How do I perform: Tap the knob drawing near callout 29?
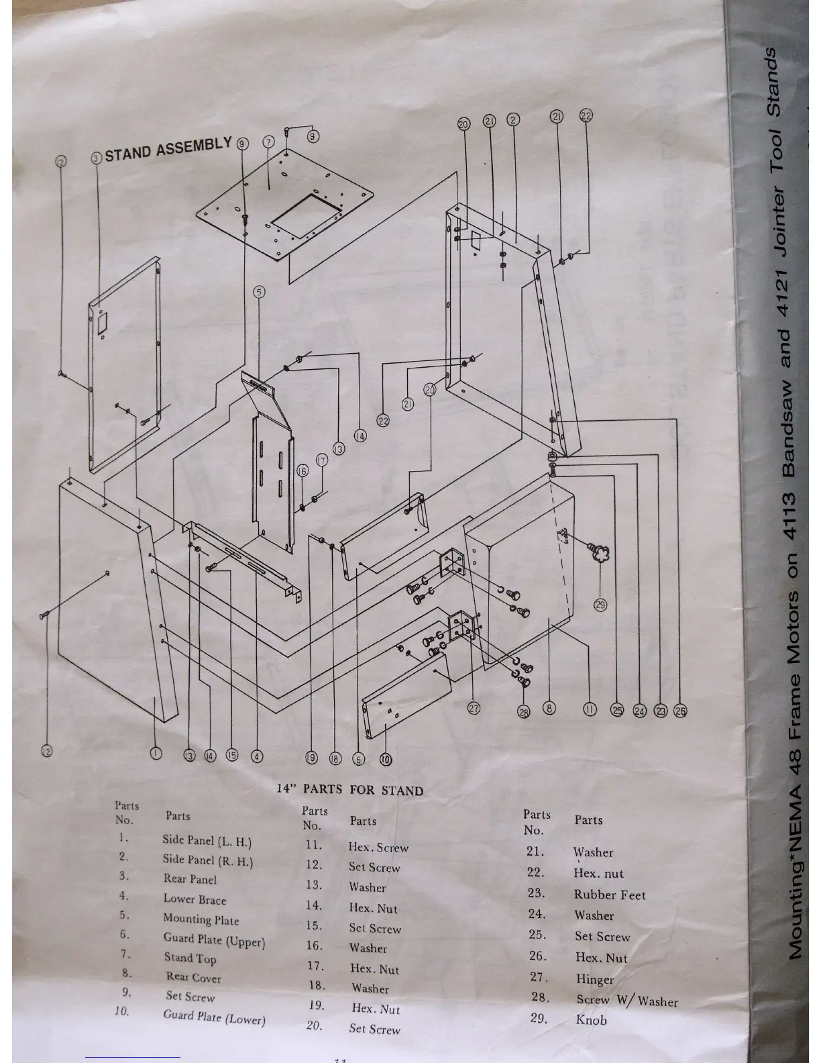(x=599, y=554)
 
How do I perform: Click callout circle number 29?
(x=600, y=605)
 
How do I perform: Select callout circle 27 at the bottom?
(x=474, y=709)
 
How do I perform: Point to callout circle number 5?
(x=260, y=292)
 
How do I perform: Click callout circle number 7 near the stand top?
(x=268, y=142)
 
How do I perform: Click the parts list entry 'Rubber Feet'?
(x=609, y=895)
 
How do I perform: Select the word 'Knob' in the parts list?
(x=591, y=1020)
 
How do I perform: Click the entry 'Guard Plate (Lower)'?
(x=214, y=1017)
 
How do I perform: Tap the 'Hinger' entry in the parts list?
(x=594, y=979)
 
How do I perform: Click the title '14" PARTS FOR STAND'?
(x=350, y=789)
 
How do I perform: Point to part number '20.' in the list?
(x=315, y=1026)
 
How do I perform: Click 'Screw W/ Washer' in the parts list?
(x=626, y=1001)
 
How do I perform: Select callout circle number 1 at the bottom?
(x=156, y=753)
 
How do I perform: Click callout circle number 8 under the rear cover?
(x=549, y=708)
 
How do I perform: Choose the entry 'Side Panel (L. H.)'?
(x=207, y=840)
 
